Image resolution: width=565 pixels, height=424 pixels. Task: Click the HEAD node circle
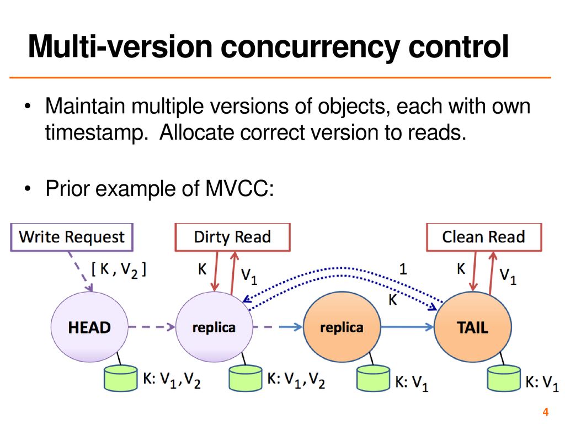89,327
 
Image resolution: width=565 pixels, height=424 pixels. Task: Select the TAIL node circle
473,327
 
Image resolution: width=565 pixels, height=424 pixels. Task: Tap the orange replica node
342,327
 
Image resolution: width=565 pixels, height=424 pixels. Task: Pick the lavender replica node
214,327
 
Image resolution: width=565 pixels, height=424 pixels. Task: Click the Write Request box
72,237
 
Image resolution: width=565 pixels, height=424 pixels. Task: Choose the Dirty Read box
232,237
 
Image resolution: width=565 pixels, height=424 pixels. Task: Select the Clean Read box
484,237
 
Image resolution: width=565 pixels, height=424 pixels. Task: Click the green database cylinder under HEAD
121,378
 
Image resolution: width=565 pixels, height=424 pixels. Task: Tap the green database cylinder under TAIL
504,378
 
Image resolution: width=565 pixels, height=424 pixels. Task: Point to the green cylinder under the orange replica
373,378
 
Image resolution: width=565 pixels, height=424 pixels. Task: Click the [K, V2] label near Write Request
119,270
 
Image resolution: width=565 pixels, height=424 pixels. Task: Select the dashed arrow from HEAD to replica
152,327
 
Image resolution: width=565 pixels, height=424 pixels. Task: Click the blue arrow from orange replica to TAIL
408,327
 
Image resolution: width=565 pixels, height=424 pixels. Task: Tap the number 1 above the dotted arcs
403,269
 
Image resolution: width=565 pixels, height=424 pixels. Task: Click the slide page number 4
546,412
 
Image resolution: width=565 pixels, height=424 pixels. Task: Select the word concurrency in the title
310,47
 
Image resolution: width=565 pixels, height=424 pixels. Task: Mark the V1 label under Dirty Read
249,277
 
